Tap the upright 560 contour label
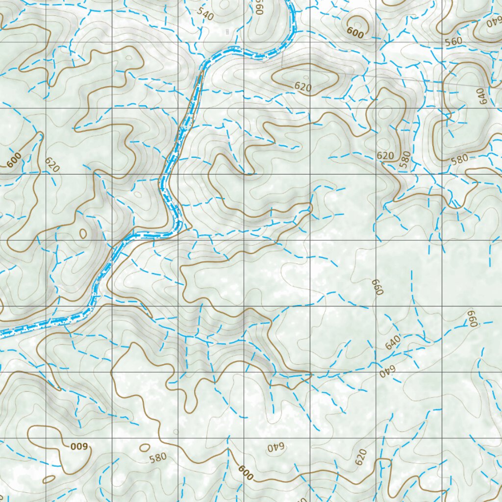[x=454, y=42]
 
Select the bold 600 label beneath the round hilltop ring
[x=355, y=33]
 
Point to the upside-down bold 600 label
[x=78, y=447]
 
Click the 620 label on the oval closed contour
[x=303, y=87]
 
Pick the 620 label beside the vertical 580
[x=385, y=156]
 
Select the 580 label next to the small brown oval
[x=158, y=458]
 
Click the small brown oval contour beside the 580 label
[x=145, y=448]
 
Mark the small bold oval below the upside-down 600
[x=49, y=479]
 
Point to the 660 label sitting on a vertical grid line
[x=376, y=286]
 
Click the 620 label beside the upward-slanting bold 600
[x=52, y=165]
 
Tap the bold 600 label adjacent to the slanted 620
[x=14, y=159]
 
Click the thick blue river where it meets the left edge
[x=2, y=334]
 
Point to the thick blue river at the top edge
[x=291, y=2]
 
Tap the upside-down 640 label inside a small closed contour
[x=276, y=447]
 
